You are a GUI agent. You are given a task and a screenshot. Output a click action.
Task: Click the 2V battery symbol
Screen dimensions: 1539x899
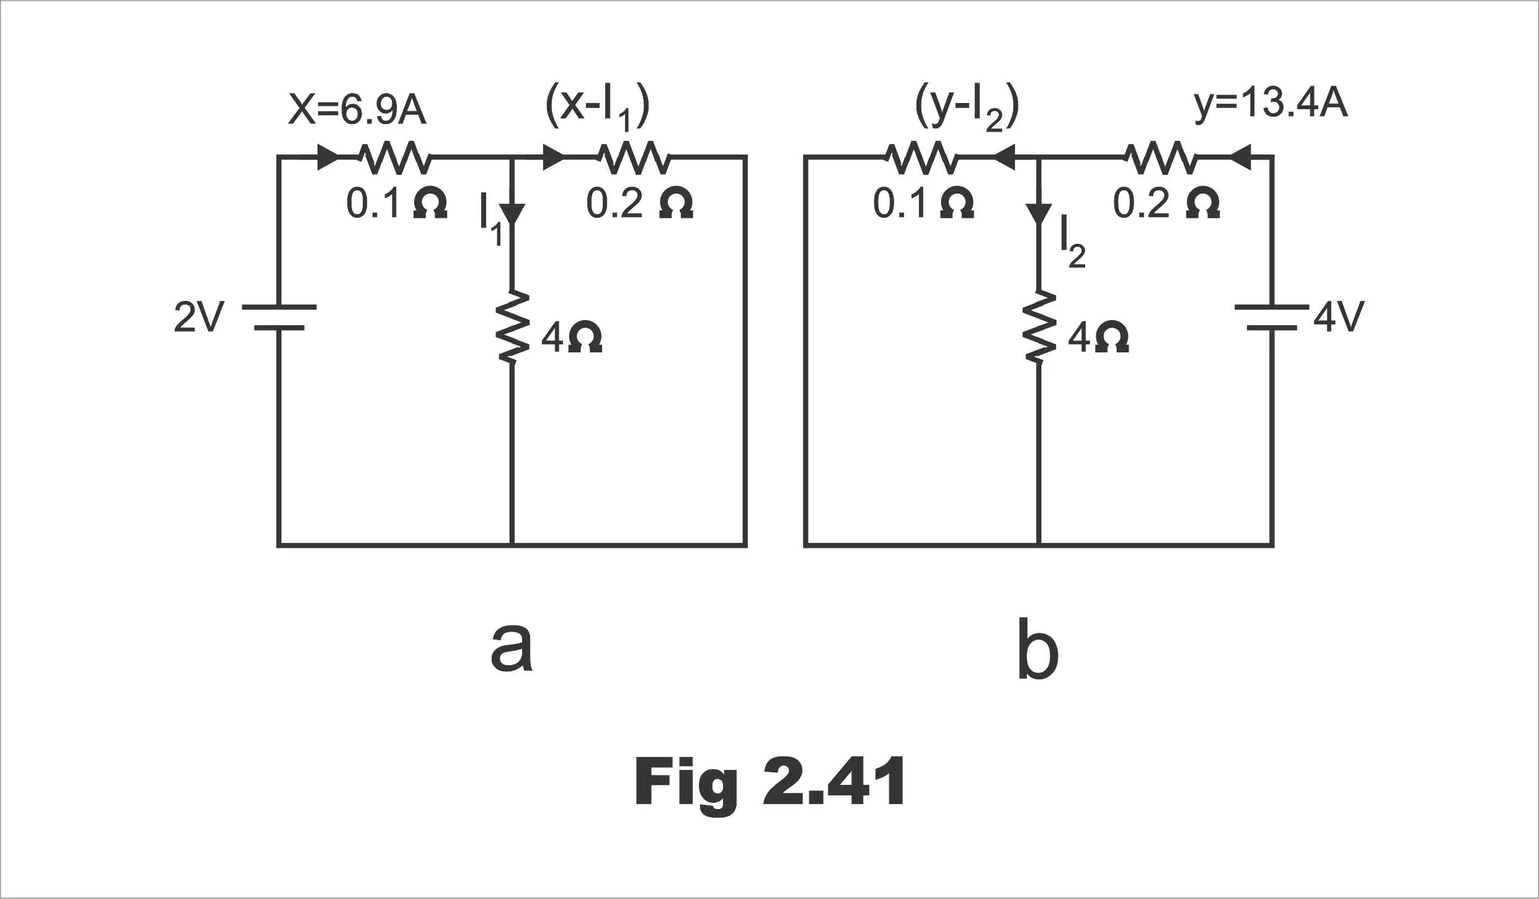(x=279, y=317)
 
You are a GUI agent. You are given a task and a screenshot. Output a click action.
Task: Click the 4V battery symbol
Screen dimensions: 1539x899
(x=1272, y=317)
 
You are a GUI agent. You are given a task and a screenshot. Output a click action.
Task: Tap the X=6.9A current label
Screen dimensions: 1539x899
(x=358, y=110)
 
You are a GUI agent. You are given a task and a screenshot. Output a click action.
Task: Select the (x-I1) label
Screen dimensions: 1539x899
(x=597, y=107)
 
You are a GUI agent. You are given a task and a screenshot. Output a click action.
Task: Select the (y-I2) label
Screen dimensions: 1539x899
(x=967, y=107)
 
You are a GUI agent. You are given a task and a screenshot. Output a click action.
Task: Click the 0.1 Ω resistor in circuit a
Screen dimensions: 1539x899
(x=395, y=158)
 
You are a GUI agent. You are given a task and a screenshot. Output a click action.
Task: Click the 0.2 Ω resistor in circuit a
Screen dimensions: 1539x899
(x=634, y=158)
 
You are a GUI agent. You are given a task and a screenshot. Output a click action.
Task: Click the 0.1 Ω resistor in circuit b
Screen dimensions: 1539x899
(x=923, y=158)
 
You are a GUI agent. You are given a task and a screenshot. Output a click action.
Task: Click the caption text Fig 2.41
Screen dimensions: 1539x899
(x=769, y=782)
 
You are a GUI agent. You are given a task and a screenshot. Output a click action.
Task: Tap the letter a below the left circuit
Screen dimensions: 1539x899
(x=512, y=646)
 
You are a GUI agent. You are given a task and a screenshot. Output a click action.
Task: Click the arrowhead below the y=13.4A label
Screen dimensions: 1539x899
(x=1240, y=158)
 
